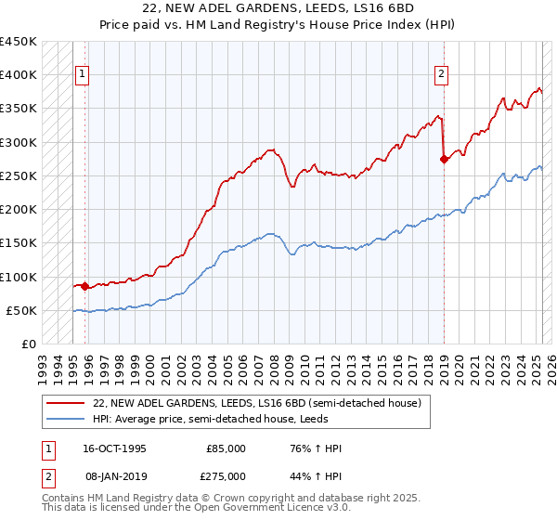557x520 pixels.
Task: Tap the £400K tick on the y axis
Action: click(x=19, y=75)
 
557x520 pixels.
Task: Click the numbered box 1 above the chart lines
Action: click(x=83, y=75)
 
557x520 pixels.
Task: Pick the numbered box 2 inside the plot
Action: click(x=441, y=75)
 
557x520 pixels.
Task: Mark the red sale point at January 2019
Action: click(x=444, y=159)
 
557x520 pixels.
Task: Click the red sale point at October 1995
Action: click(x=85, y=286)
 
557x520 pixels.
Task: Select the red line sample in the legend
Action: click(x=66, y=403)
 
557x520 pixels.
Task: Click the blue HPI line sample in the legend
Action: click(x=66, y=419)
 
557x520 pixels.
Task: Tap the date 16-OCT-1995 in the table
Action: click(x=114, y=448)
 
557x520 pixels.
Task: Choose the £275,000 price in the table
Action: click(x=225, y=475)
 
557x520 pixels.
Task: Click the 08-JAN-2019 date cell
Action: click(x=114, y=475)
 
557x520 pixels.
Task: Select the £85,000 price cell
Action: click(x=225, y=448)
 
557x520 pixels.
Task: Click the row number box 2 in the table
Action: click(x=45, y=475)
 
